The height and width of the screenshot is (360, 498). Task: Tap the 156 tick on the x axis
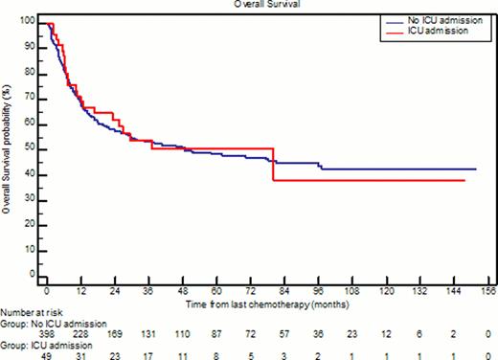[x=486, y=290]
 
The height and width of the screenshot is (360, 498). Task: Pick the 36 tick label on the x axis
[x=147, y=290]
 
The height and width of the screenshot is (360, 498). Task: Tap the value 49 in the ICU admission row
[x=46, y=352]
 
